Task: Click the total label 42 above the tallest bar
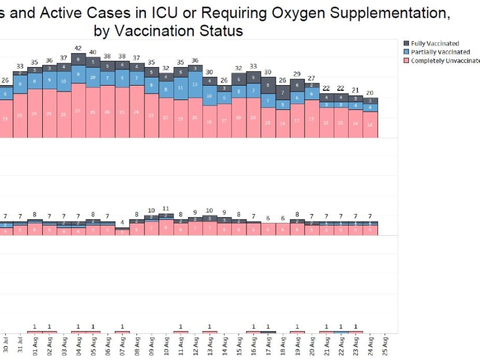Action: [78, 49]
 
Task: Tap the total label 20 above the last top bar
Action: [370, 93]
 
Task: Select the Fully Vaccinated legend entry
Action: [434, 43]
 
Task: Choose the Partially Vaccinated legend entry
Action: [436, 52]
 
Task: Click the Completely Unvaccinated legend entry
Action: [442, 61]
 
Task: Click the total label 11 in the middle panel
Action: [166, 208]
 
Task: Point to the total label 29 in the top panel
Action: [297, 74]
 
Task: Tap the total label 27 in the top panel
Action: [312, 78]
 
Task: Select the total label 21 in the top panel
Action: [356, 90]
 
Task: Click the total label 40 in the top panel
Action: [93, 53]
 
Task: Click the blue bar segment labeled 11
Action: [180, 88]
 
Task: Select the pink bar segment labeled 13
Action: [370, 124]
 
